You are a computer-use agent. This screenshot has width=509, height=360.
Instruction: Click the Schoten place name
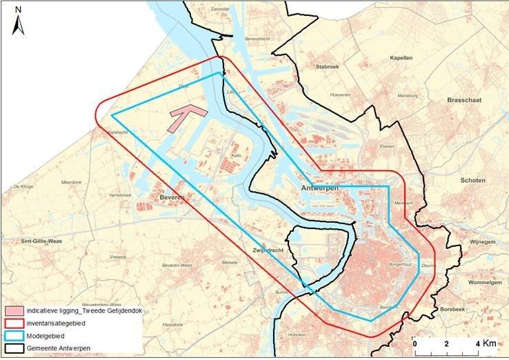pyautogui.click(x=475, y=180)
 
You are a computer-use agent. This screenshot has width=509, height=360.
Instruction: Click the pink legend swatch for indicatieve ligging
pyautogui.click(x=14, y=311)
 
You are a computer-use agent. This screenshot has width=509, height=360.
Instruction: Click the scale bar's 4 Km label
pyautogui.click(x=486, y=343)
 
